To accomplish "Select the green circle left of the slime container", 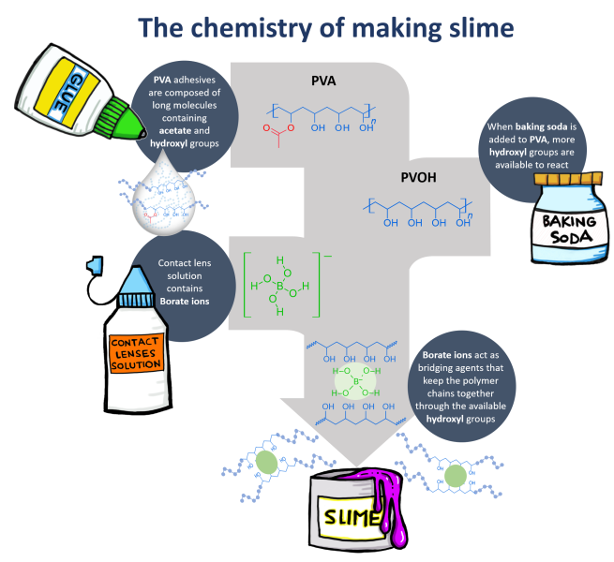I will [x=268, y=463].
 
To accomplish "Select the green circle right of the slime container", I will [x=456, y=476].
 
